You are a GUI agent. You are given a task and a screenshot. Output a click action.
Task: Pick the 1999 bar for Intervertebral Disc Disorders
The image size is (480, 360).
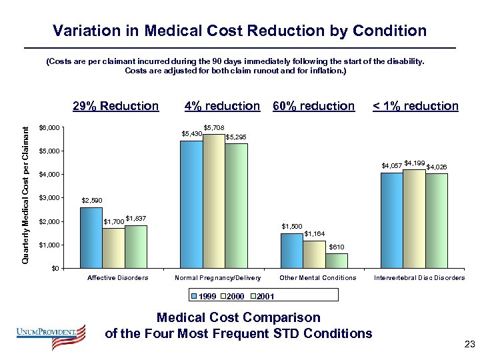point(391,221)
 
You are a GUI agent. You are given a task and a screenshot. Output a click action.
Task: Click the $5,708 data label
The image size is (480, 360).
point(214,127)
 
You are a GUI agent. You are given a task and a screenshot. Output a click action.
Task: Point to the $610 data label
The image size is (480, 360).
point(337,247)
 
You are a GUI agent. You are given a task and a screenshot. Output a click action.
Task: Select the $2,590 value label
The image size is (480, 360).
point(91,200)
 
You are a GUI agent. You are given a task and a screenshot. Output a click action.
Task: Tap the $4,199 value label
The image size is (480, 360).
point(414,163)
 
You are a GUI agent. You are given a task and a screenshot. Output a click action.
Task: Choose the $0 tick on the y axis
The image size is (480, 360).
point(55,269)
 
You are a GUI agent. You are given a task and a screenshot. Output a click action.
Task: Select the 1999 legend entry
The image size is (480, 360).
point(206,295)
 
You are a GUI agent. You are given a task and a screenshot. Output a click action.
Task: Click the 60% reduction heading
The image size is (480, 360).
point(314,106)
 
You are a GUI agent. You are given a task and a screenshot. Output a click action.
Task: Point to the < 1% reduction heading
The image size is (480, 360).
point(415,106)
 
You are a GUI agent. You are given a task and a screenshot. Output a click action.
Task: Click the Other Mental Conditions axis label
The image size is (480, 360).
point(318,278)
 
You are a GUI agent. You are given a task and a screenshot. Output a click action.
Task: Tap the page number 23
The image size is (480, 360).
point(468,345)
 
